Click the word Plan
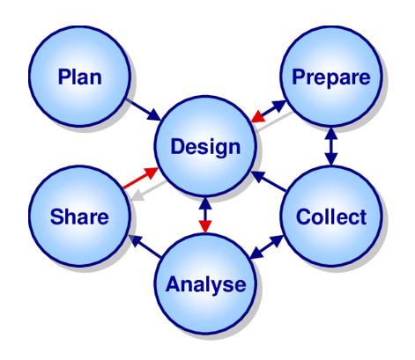pyautogui.click(x=80, y=77)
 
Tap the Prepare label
pyautogui.click(x=331, y=77)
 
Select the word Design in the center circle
pyautogui.click(x=205, y=147)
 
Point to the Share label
pyautogui.click(x=79, y=217)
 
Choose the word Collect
pyautogui.click(x=331, y=217)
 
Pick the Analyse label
pyautogui.click(x=205, y=285)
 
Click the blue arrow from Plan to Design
pyautogui.click(x=144, y=110)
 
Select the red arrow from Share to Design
pyautogui.click(x=141, y=178)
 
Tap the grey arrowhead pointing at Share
pyautogui.click(x=138, y=195)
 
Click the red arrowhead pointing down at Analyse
pyautogui.click(x=205, y=226)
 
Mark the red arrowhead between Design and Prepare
pyautogui.click(x=258, y=116)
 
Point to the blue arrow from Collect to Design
pyautogui.click(x=269, y=181)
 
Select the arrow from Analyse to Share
pyautogui.click(x=145, y=246)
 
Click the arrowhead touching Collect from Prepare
pyautogui.click(x=331, y=159)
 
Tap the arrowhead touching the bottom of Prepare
pyautogui.click(x=331, y=134)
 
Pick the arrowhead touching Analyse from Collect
pyautogui.click(x=256, y=253)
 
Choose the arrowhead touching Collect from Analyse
pyautogui.click(x=277, y=241)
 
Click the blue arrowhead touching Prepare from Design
pyautogui.click(x=278, y=106)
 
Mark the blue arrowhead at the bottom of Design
pyautogui.click(x=205, y=203)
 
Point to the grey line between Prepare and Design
pyautogui.click(x=274, y=121)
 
